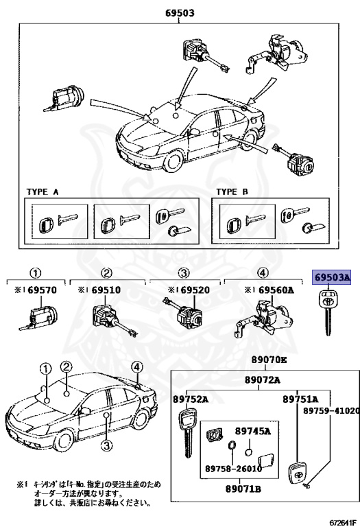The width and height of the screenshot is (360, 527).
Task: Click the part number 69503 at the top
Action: point(180,12)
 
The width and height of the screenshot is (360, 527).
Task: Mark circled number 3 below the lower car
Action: point(106,447)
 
